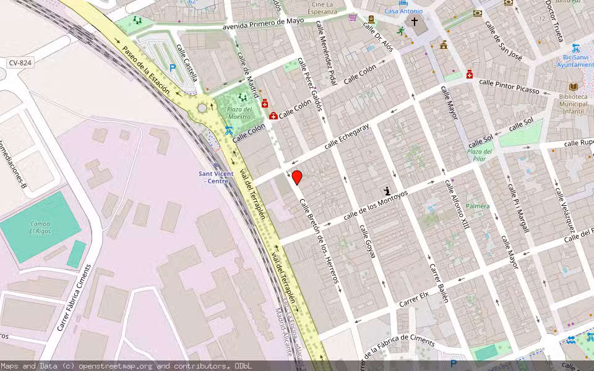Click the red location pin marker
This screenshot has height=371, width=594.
click(297, 177)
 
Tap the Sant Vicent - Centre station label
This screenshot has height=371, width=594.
click(216, 177)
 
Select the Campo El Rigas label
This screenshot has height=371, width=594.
click(39, 227)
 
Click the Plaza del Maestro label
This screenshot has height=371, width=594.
click(239, 113)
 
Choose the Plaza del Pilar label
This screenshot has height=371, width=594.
click(480, 155)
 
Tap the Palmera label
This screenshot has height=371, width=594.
click(478, 206)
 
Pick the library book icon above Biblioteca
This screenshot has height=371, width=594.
click(573, 87)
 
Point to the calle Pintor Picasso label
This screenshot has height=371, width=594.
click(509, 87)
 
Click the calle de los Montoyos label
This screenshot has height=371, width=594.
click(376, 205)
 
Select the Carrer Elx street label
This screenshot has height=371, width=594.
click(414, 300)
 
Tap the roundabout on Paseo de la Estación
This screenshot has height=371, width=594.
click(202, 108)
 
